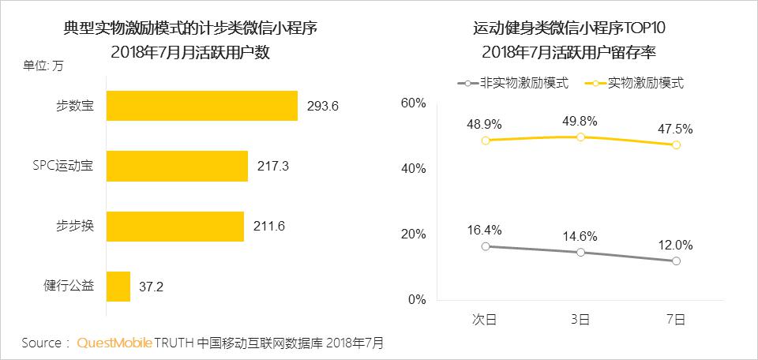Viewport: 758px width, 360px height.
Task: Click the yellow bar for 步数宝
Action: (201, 106)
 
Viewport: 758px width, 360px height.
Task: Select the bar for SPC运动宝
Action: (177, 166)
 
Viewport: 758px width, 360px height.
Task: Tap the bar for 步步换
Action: (174, 226)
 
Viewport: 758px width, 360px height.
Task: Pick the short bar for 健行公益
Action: (118, 286)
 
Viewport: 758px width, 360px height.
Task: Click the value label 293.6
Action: (322, 106)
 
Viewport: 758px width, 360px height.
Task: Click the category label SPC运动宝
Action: (62, 166)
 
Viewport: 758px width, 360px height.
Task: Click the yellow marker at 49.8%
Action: (580, 137)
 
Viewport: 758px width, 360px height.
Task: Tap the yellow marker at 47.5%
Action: (677, 144)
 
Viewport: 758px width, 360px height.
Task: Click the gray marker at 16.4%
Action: (485, 246)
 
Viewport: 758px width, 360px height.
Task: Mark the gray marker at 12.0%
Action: (677, 261)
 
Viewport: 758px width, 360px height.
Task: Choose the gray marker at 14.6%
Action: (580, 252)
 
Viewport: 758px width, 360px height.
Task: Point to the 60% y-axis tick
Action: (414, 103)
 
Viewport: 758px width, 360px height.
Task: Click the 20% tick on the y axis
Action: (414, 234)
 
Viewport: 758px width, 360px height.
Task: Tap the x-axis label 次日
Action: (485, 319)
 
